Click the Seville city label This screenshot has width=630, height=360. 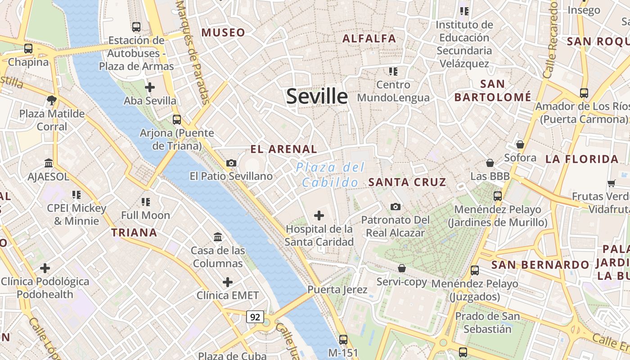[x=317, y=96]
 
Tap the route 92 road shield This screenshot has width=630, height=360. [x=255, y=317]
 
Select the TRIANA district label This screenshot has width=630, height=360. [x=134, y=233]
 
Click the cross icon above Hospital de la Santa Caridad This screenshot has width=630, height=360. [x=319, y=216]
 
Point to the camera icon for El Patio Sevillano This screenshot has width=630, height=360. [x=231, y=163]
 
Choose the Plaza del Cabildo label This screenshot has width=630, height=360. [x=331, y=175]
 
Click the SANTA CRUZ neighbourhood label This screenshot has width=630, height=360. [x=407, y=182]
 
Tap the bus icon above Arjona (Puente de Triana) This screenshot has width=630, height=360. [x=177, y=120]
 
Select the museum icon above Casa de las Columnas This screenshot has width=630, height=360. [x=218, y=237]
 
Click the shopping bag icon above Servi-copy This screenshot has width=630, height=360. [x=402, y=268]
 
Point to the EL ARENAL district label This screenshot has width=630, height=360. [x=283, y=149]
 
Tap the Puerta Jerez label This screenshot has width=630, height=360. [x=337, y=289]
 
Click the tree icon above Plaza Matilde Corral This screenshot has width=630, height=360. [x=52, y=100]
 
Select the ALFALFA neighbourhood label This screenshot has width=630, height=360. [x=369, y=39]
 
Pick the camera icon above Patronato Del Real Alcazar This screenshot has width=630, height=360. [x=396, y=207]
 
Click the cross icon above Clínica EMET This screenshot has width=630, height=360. [x=228, y=282]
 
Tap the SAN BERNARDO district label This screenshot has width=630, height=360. [x=540, y=265]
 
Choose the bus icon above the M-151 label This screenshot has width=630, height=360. [x=343, y=339]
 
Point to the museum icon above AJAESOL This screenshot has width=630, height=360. [x=49, y=163]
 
